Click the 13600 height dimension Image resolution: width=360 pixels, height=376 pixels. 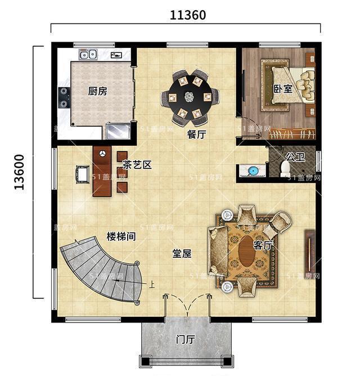click(x=20, y=172)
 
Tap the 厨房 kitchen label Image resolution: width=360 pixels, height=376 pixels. click(x=97, y=91)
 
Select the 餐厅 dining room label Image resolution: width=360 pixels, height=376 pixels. click(x=196, y=135)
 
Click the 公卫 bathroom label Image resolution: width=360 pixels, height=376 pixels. click(x=295, y=156)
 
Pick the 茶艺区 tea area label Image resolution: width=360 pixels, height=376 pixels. click(x=137, y=164)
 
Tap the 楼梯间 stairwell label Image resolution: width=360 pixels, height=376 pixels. click(x=121, y=236)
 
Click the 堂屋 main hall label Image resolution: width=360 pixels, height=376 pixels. click(x=181, y=253)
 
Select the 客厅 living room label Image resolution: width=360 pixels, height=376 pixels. click(x=263, y=245)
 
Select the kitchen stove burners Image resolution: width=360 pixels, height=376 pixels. click(x=64, y=96)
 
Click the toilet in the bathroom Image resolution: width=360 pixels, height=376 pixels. click(x=285, y=168)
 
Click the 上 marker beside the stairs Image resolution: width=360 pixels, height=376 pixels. click(x=151, y=285)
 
